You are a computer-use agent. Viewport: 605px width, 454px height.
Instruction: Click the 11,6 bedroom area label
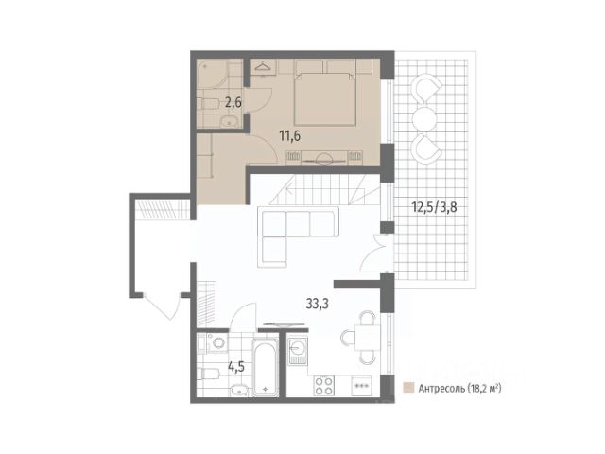coord(290,136)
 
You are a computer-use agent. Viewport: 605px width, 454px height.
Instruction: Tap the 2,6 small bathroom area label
coord(233,103)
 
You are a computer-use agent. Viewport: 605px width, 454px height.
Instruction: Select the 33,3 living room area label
coord(318,304)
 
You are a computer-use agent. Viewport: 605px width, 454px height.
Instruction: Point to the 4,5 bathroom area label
coord(235,366)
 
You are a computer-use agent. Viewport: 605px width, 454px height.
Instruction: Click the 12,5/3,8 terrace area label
coord(435,207)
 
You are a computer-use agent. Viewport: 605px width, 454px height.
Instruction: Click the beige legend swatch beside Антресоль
coord(408,388)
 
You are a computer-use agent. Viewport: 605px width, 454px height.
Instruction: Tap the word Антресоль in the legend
coord(441,389)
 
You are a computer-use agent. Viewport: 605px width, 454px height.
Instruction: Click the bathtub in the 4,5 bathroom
coord(265,366)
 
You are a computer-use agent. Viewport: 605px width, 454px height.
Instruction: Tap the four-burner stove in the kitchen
coord(323,385)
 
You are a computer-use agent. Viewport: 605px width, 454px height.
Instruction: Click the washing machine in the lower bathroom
coord(216,342)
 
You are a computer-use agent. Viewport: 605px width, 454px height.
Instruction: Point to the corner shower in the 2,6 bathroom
coord(212,74)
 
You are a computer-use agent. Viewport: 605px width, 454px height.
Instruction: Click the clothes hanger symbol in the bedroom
coord(263,66)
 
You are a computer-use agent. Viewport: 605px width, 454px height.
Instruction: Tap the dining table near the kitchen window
coord(367,338)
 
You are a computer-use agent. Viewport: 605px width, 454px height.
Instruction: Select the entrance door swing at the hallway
coord(162,306)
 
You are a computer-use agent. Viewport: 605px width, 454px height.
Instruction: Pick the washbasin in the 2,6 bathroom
coord(230,122)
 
